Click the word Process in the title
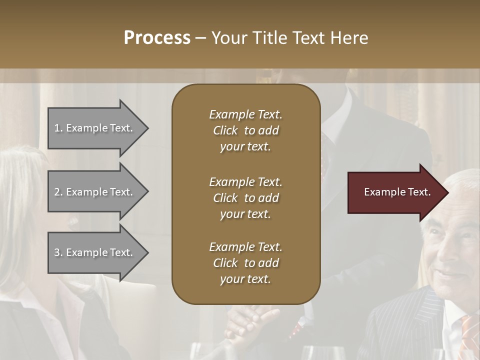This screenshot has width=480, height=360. [157, 38]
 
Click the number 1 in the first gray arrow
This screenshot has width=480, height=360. [56, 128]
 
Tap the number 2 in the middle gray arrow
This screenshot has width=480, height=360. [56, 192]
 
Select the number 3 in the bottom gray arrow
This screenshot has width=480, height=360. [56, 252]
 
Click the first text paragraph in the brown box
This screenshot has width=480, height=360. [245, 130]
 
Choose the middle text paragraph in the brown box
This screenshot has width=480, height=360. [245, 198]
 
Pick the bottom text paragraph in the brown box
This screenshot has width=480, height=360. [245, 263]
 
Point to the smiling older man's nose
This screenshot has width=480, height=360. [452, 260]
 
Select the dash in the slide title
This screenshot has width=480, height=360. [201, 38]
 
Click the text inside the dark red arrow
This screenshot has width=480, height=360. [397, 192]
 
